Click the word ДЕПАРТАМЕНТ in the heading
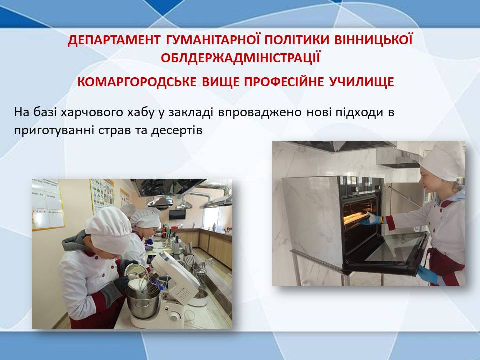click(114, 40)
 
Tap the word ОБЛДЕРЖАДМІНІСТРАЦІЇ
click(240, 58)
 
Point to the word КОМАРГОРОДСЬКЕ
click(137, 82)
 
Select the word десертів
click(177, 130)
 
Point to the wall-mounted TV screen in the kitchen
click(177, 214)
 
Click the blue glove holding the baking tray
click(371, 219)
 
